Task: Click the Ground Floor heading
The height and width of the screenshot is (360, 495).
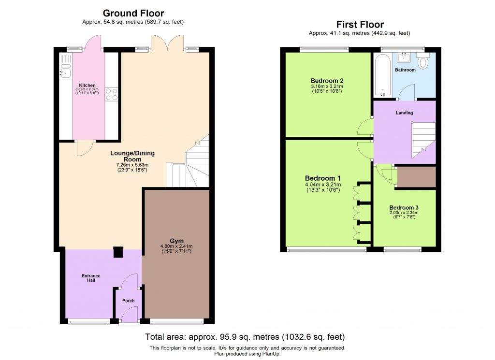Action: click(133, 14)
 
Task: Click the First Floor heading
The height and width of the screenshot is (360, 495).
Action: click(360, 24)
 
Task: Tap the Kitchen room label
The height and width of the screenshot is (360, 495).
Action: click(87, 86)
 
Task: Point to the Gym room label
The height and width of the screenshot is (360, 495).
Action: click(176, 241)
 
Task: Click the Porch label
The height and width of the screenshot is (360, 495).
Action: click(128, 301)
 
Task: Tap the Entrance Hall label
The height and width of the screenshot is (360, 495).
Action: click(91, 278)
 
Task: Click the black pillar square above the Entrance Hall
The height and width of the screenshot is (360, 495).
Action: click(117, 253)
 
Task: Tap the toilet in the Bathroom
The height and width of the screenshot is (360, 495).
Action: click(423, 62)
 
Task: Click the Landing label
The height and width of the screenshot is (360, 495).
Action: click(405, 113)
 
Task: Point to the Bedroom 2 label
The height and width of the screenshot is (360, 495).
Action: click(327, 80)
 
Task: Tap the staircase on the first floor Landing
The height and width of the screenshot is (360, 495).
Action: click(423, 140)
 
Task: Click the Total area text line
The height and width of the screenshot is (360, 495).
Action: click(245, 337)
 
